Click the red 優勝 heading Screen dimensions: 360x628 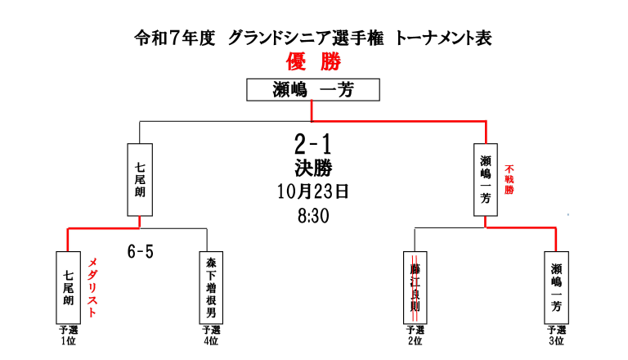click(313, 61)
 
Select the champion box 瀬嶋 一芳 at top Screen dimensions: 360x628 click(312, 89)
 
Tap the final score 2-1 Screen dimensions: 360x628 click(312, 145)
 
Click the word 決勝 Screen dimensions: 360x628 click(312, 168)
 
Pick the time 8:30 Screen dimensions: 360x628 click(312, 217)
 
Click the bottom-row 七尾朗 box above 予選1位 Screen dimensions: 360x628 click(68, 287)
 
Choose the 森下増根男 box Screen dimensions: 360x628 click(211, 287)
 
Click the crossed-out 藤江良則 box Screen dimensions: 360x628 click(415, 287)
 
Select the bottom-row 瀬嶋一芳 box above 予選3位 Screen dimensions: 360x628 click(557, 287)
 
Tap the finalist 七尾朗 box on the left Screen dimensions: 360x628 click(140, 180)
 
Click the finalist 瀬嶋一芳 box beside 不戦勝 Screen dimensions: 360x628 click(487, 180)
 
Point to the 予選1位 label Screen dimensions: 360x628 click(68, 334)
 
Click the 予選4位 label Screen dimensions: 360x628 click(211, 334)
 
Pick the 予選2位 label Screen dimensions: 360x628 click(415, 334)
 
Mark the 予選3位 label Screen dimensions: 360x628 click(557, 334)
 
